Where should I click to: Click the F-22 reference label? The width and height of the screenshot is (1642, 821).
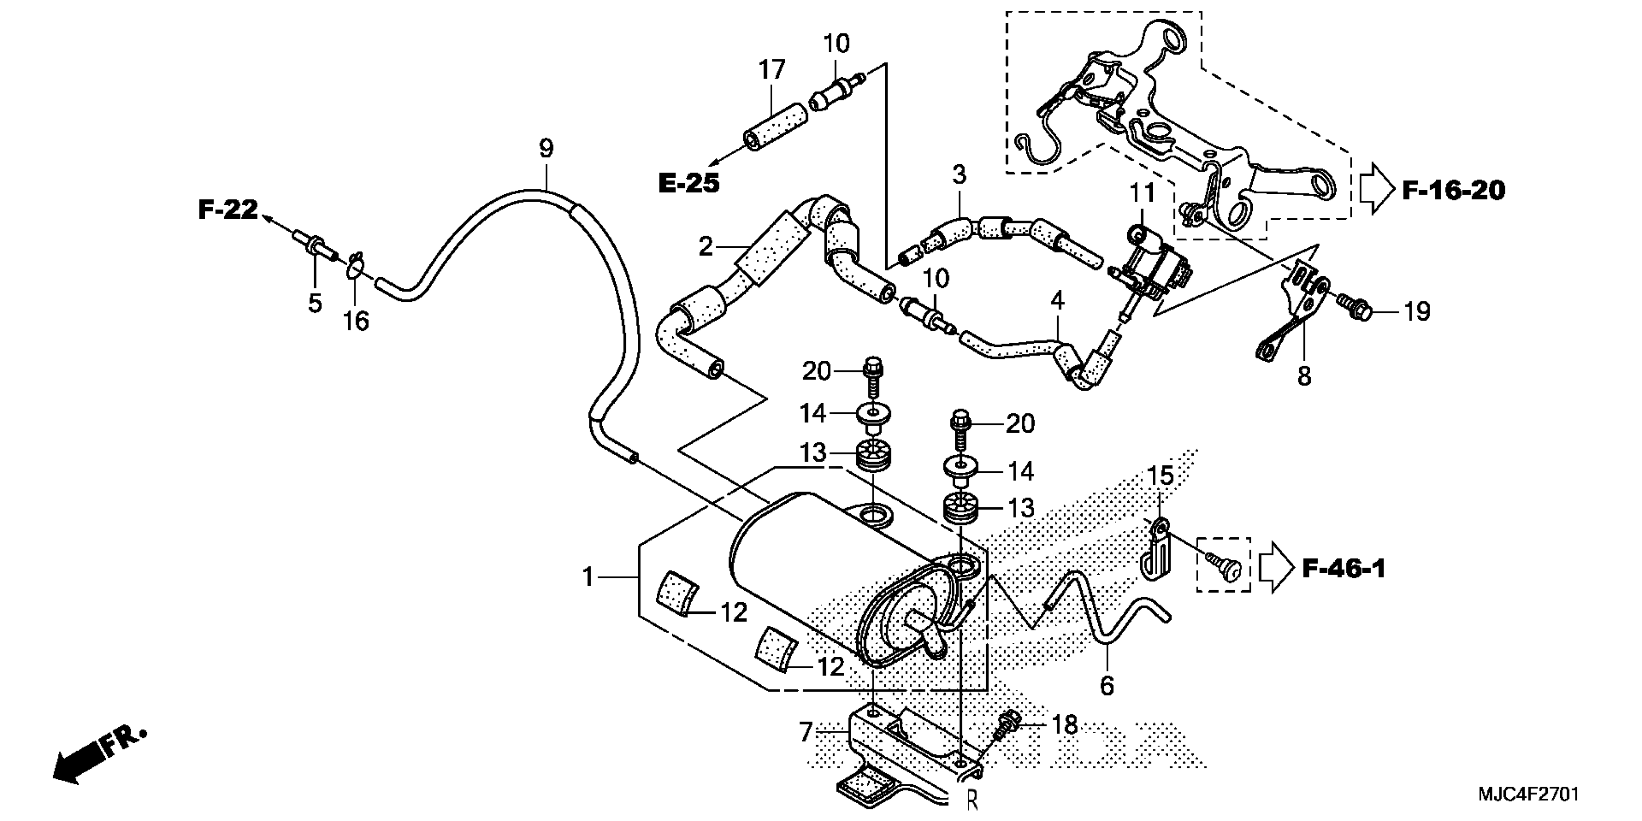[227, 209]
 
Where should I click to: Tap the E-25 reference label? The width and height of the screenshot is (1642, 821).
[688, 184]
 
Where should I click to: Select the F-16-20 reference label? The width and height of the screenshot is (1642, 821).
[1453, 190]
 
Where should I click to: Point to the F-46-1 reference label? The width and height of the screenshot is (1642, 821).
[1344, 568]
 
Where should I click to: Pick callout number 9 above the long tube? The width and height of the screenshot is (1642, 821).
[546, 149]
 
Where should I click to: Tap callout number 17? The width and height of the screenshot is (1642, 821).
[772, 70]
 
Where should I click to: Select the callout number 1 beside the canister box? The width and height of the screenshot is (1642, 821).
[588, 578]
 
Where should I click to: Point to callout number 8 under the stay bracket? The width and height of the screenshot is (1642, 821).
[1304, 376]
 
